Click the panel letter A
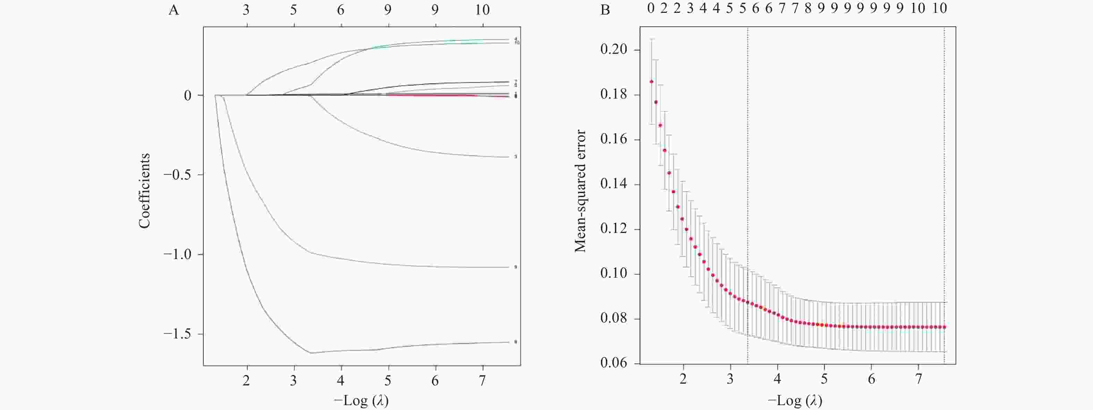point(173,10)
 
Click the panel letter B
point(605,10)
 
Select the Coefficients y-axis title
point(145,191)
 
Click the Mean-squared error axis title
point(580,191)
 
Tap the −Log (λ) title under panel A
point(362,400)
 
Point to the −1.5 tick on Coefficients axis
point(177,334)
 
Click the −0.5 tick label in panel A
point(177,175)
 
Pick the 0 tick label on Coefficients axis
point(187,95)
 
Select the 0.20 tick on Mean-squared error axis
point(613,50)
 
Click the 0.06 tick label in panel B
point(613,363)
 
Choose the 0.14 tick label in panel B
point(613,184)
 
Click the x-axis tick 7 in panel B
point(918,379)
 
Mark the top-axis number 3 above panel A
point(246,10)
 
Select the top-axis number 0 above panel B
point(651,8)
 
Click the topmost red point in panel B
point(651,82)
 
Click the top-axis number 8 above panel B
point(808,8)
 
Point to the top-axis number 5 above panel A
point(293,10)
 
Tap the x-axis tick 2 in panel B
point(683,379)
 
